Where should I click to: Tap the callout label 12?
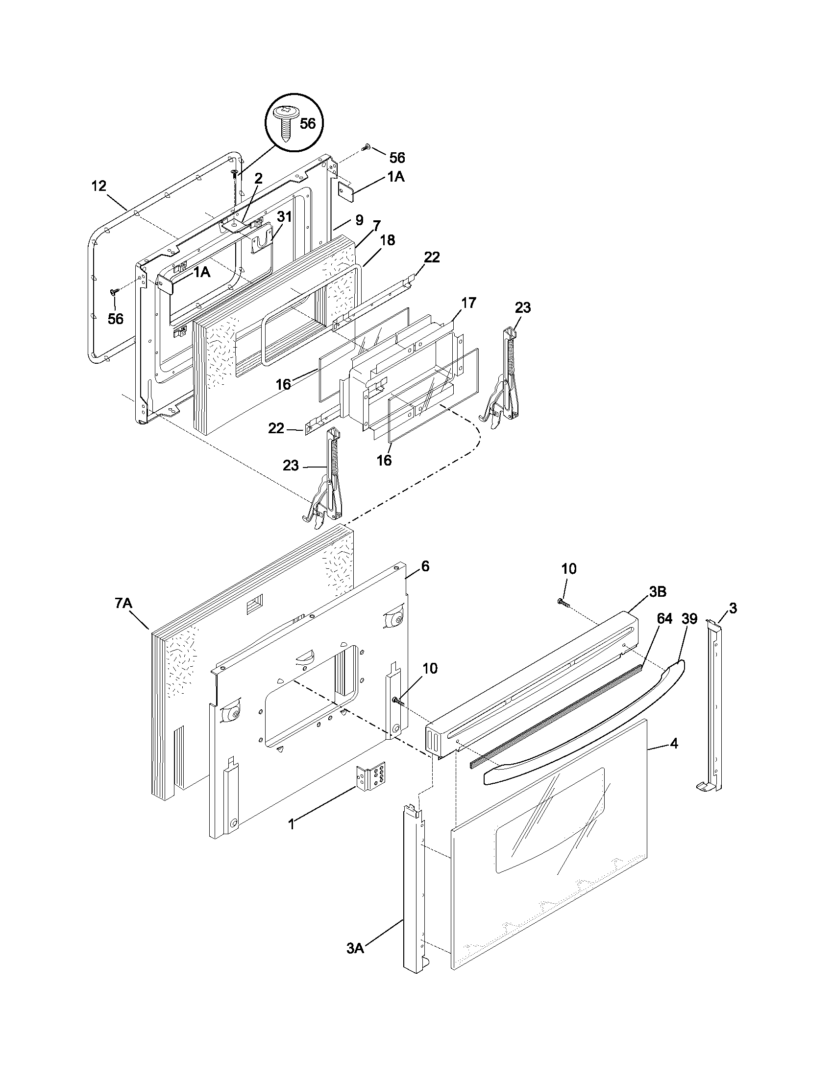click(98, 186)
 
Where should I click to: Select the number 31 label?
click(284, 217)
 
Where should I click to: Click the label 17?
click(468, 302)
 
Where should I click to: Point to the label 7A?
click(124, 604)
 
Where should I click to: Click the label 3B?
click(658, 592)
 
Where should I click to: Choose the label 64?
click(664, 619)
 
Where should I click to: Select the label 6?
click(425, 566)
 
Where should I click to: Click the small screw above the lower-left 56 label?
click(115, 292)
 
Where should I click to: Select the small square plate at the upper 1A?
click(344, 191)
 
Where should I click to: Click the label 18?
click(388, 240)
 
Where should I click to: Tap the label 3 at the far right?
click(733, 609)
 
